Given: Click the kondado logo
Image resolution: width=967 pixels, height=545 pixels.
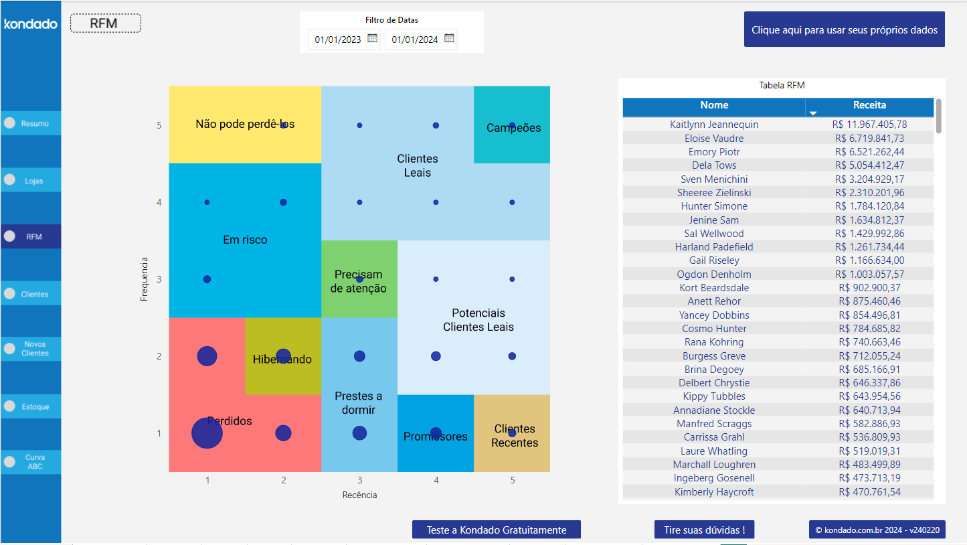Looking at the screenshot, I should pos(31,24).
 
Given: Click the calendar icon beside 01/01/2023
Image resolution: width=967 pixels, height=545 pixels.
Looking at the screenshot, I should pos(373,39).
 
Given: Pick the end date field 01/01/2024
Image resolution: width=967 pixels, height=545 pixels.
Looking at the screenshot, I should pos(415,40).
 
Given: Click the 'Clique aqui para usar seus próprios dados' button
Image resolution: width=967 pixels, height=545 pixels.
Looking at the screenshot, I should pos(844,29).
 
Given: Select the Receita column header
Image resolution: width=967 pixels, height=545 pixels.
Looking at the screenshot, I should pos(869,105).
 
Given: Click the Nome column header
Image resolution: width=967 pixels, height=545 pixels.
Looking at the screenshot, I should pos(714,105).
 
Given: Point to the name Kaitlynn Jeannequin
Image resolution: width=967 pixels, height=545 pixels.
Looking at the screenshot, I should pos(714,125).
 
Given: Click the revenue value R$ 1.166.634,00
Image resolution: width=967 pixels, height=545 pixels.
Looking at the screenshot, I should pos(869,260).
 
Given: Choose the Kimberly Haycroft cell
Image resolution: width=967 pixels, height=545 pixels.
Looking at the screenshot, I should pos(714,492).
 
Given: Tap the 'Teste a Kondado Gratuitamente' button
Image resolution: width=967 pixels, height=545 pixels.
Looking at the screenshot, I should pos(497,530).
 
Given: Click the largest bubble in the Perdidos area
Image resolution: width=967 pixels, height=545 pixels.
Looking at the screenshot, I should pos(207,433).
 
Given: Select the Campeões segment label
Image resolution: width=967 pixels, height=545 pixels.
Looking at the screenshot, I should pos(513,129).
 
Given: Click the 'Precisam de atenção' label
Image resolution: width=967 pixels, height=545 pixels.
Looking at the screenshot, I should pos(359,281).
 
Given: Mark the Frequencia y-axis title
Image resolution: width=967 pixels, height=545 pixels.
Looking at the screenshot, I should pos(144,279).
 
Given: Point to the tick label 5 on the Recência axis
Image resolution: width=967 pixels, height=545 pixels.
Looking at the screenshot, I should pos(512,480).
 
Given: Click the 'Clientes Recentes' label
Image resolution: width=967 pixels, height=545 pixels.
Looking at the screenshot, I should pos(515,436).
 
